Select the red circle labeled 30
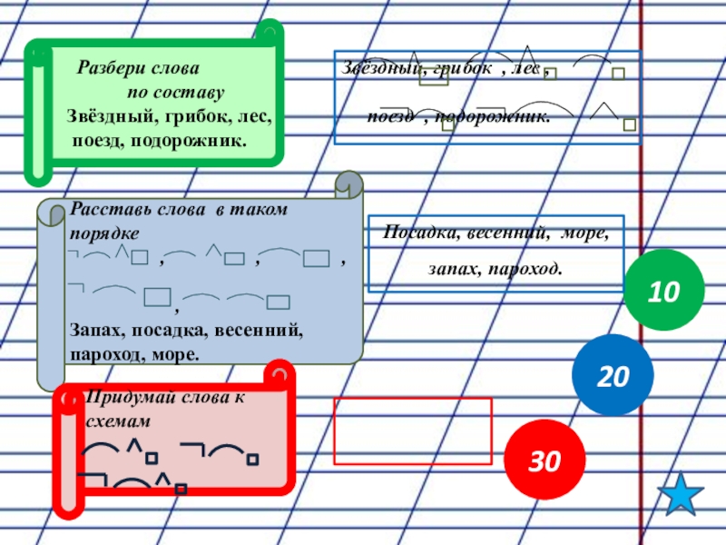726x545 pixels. (544, 461)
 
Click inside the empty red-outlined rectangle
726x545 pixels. (413, 431)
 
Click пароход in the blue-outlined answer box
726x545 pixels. (525, 270)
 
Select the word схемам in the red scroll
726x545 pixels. (114, 422)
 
